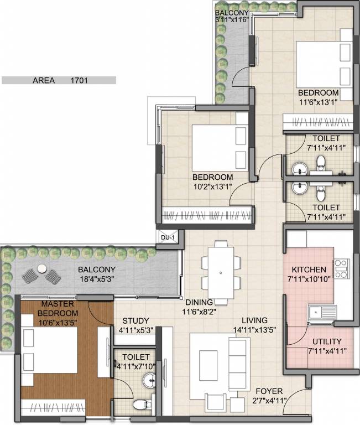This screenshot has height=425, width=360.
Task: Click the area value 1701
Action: [x=79, y=80]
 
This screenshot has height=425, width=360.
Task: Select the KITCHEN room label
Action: [x=309, y=269]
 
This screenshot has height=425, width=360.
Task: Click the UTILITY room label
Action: [x=327, y=341]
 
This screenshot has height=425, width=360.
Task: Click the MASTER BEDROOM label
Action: [x=44, y=308]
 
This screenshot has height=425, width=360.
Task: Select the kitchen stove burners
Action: [x=341, y=269]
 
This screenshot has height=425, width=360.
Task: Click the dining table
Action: [x=221, y=273]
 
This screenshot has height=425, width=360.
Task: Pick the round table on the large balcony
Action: [x=41, y=269]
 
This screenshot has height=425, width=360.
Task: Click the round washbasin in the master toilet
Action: [x=149, y=381]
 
